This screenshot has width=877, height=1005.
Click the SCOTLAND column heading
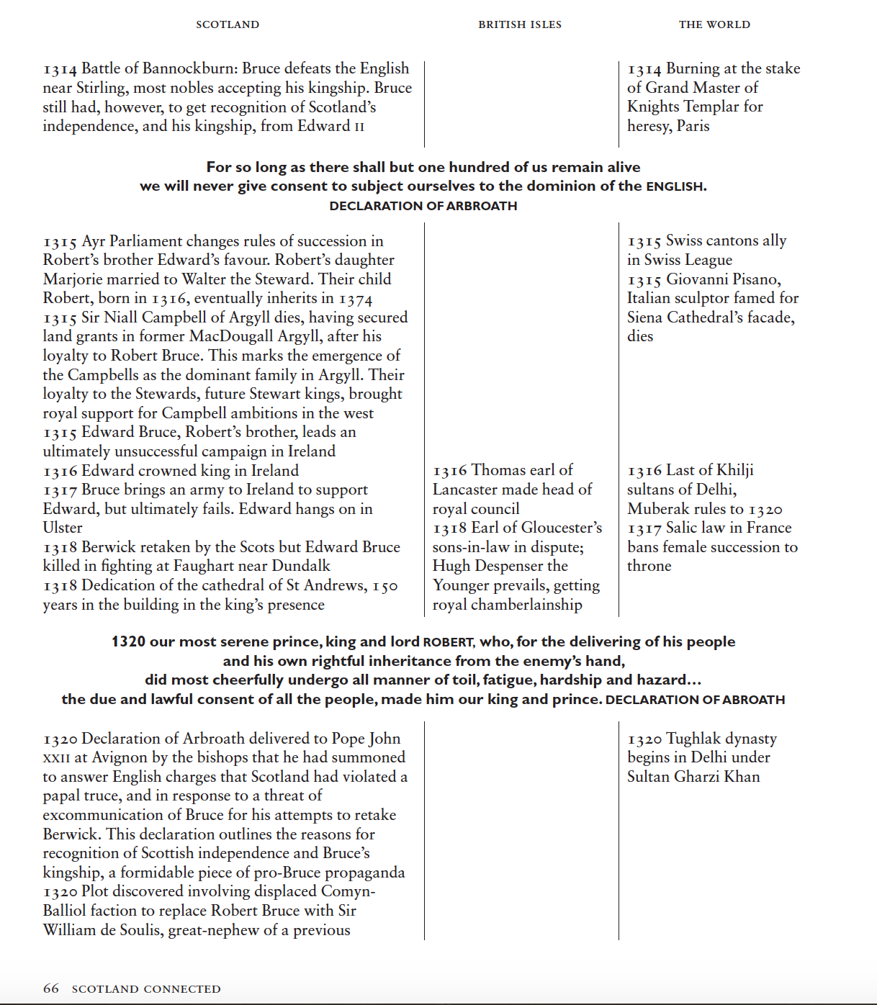[228, 24]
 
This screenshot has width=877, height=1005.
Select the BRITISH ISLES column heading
[520, 24]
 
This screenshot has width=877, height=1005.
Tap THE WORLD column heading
[714, 24]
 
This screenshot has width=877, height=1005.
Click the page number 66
[51, 988]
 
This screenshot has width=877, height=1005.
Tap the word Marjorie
[72, 279]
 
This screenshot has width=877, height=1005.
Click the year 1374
[356, 299]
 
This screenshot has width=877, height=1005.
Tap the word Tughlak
[693, 739]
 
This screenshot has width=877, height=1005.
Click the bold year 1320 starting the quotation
[128, 641]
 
